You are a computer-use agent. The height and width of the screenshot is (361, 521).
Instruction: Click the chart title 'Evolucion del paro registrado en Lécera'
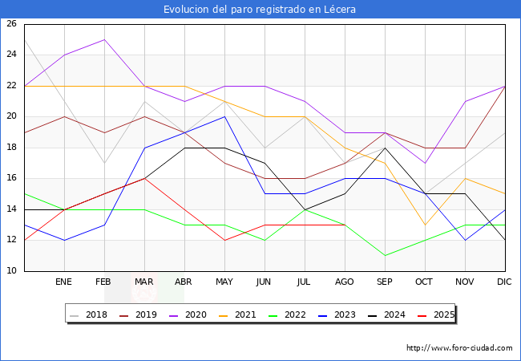pyautogui.click(x=260, y=10)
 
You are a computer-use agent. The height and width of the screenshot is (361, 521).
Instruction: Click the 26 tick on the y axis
pyautogui.click(x=12, y=24)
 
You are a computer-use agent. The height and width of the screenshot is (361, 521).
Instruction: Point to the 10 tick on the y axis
pyautogui.click(x=12, y=271)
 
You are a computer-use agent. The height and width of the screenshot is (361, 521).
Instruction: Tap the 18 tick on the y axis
pyautogui.click(x=12, y=148)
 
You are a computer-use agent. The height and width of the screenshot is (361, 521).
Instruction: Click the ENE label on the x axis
pyautogui.click(x=64, y=282)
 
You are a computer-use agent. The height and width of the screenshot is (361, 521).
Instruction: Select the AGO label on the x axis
pyautogui.click(x=345, y=282)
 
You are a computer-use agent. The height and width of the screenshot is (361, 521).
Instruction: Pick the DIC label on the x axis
pyautogui.click(x=505, y=282)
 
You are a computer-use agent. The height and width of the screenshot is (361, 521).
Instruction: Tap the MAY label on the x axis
pyautogui.click(x=224, y=282)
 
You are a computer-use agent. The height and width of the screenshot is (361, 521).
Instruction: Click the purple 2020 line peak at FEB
pyautogui.click(x=104, y=39)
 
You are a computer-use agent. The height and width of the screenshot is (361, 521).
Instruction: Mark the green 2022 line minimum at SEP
pyautogui.click(x=385, y=256)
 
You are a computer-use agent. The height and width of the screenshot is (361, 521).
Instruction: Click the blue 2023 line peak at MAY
pyautogui.click(x=224, y=116)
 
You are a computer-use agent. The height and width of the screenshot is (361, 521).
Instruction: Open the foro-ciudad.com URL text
pyautogui.click(x=459, y=348)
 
